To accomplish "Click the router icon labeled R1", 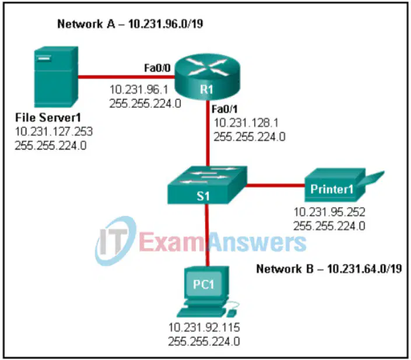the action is (207, 76).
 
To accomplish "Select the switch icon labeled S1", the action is (207, 185).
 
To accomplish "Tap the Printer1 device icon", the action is (341, 185).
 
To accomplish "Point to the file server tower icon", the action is (56, 77).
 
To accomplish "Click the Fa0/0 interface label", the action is (157, 68).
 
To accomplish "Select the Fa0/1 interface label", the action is (224, 109).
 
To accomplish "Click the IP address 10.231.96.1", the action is (139, 90).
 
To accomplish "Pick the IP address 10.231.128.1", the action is (246, 123).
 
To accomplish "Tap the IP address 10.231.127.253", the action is (54, 131).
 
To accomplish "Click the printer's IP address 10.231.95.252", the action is (329, 212).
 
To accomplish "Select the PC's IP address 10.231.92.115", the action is (204, 327).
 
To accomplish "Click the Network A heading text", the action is (130, 24).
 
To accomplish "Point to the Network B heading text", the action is (329, 269).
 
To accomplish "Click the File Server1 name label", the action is (48, 117).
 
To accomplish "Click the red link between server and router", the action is (127, 77).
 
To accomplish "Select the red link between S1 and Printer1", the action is (275, 186).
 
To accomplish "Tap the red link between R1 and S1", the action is (208, 133).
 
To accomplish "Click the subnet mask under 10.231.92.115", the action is (204, 342).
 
